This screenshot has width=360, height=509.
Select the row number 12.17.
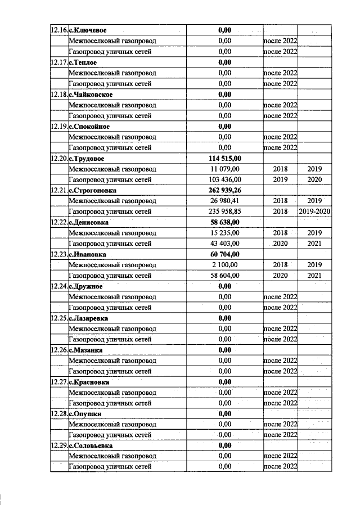tap(58, 62)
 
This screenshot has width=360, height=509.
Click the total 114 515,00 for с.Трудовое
tap(225, 159)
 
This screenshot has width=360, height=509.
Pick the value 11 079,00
tap(225, 169)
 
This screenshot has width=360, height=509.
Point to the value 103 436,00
tap(225, 180)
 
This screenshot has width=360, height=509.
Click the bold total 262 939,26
tap(225, 191)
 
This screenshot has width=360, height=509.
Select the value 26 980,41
tap(225, 201)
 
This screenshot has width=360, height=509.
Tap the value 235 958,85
tap(225, 212)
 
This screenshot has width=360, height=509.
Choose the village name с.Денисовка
tap(89, 223)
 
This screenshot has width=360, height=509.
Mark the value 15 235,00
tap(225, 233)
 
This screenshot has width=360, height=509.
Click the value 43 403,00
tap(225, 244)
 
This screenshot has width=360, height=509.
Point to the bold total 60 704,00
tap(225, 254)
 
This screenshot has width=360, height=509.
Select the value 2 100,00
tap(225, 265)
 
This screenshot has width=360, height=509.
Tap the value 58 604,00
tap(225, 276)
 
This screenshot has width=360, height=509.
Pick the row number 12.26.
tap(58, 350)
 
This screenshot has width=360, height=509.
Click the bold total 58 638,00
tap(225, 223)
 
